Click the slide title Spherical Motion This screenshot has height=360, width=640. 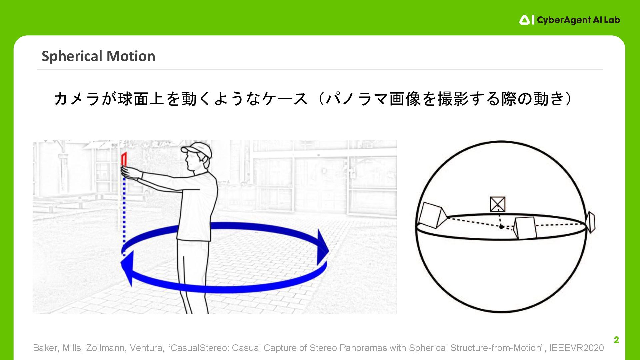tap(98, 56)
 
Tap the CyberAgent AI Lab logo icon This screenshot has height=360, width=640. tap(527, 20)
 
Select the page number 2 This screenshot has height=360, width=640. tap(616, 340)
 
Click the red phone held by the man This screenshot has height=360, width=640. tap(124, 159)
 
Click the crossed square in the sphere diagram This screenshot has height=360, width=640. tap(498, 204)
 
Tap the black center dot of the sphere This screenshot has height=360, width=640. tap(501, 227)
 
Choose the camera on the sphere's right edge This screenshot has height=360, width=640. tap(591, 222)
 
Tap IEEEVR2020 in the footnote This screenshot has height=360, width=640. tap(576, 348)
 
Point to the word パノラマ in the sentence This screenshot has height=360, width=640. tap(356, 99)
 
